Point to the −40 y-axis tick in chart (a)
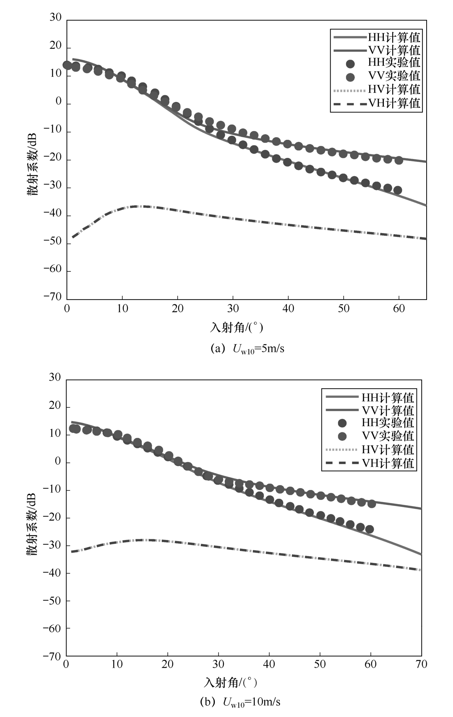(x=53, y=215)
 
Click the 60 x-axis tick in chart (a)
(x=399, y=308)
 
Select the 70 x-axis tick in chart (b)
(x=421, y=664)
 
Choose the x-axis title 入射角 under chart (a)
(x=237, y=328)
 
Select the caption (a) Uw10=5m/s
(x=247, y=349)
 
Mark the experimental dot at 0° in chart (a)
(x=67, y=65)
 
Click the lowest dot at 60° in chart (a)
(x=398, y=190)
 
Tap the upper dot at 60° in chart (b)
(x=372, y=504)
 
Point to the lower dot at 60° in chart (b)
(x=369, y=529)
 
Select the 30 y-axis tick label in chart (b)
(x=55, y=378)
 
